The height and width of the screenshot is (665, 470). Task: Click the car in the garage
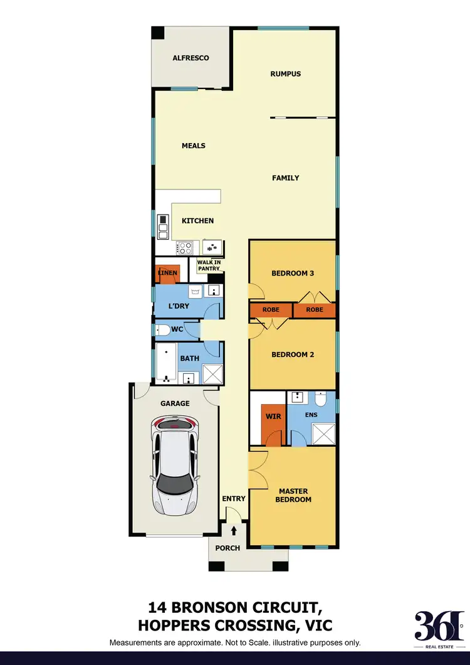point(175,466)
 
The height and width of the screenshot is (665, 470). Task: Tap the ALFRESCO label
point(191,58)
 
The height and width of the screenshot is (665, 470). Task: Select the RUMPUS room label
point(285,73)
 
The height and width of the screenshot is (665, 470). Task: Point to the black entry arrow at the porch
point(234,531)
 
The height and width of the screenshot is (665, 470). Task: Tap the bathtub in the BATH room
point(165,363)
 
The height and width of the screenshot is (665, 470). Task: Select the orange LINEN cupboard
point(167,274)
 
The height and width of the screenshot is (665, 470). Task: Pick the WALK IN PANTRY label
point(208,265)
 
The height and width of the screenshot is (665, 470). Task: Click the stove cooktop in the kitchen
point(186,248)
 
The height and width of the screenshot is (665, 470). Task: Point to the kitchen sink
point(214,247)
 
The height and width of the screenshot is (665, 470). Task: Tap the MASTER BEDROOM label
point(293,495)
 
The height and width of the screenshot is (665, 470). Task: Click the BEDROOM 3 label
point(292,273)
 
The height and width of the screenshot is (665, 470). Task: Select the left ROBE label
point(271,310)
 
